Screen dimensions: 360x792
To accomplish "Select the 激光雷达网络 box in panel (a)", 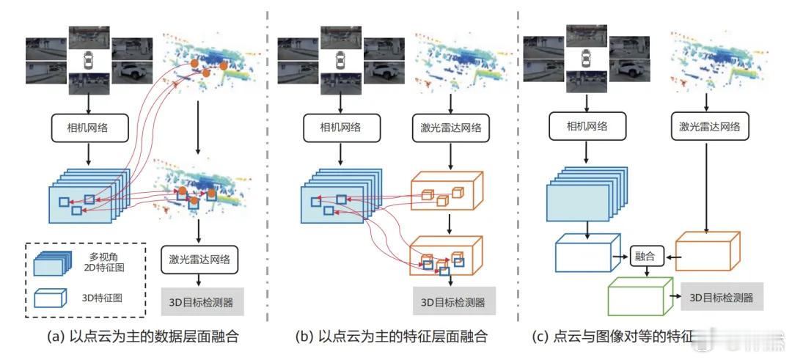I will (199, 259).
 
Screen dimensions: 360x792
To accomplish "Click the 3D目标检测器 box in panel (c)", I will (722, 297).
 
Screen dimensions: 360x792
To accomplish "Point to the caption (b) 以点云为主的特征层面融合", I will (392, 337).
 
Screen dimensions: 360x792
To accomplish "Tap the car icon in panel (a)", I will (89, 60).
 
